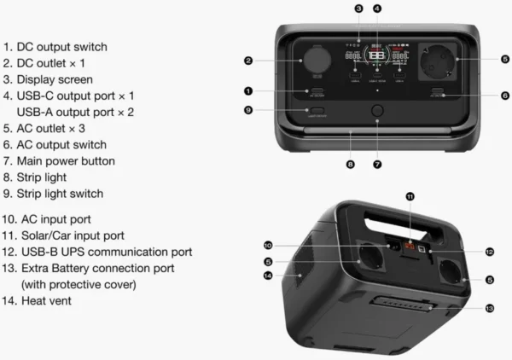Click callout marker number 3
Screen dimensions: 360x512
[358, 9]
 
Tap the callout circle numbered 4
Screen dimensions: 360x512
[377, 9]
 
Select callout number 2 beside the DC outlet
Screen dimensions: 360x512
[247, 61]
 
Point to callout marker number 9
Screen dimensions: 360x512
[247, 110]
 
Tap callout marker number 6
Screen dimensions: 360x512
[505, 96]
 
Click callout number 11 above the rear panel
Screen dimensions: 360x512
[410, 196]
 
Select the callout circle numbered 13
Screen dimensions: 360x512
[488, 307]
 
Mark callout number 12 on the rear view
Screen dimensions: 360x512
[489, 253]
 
